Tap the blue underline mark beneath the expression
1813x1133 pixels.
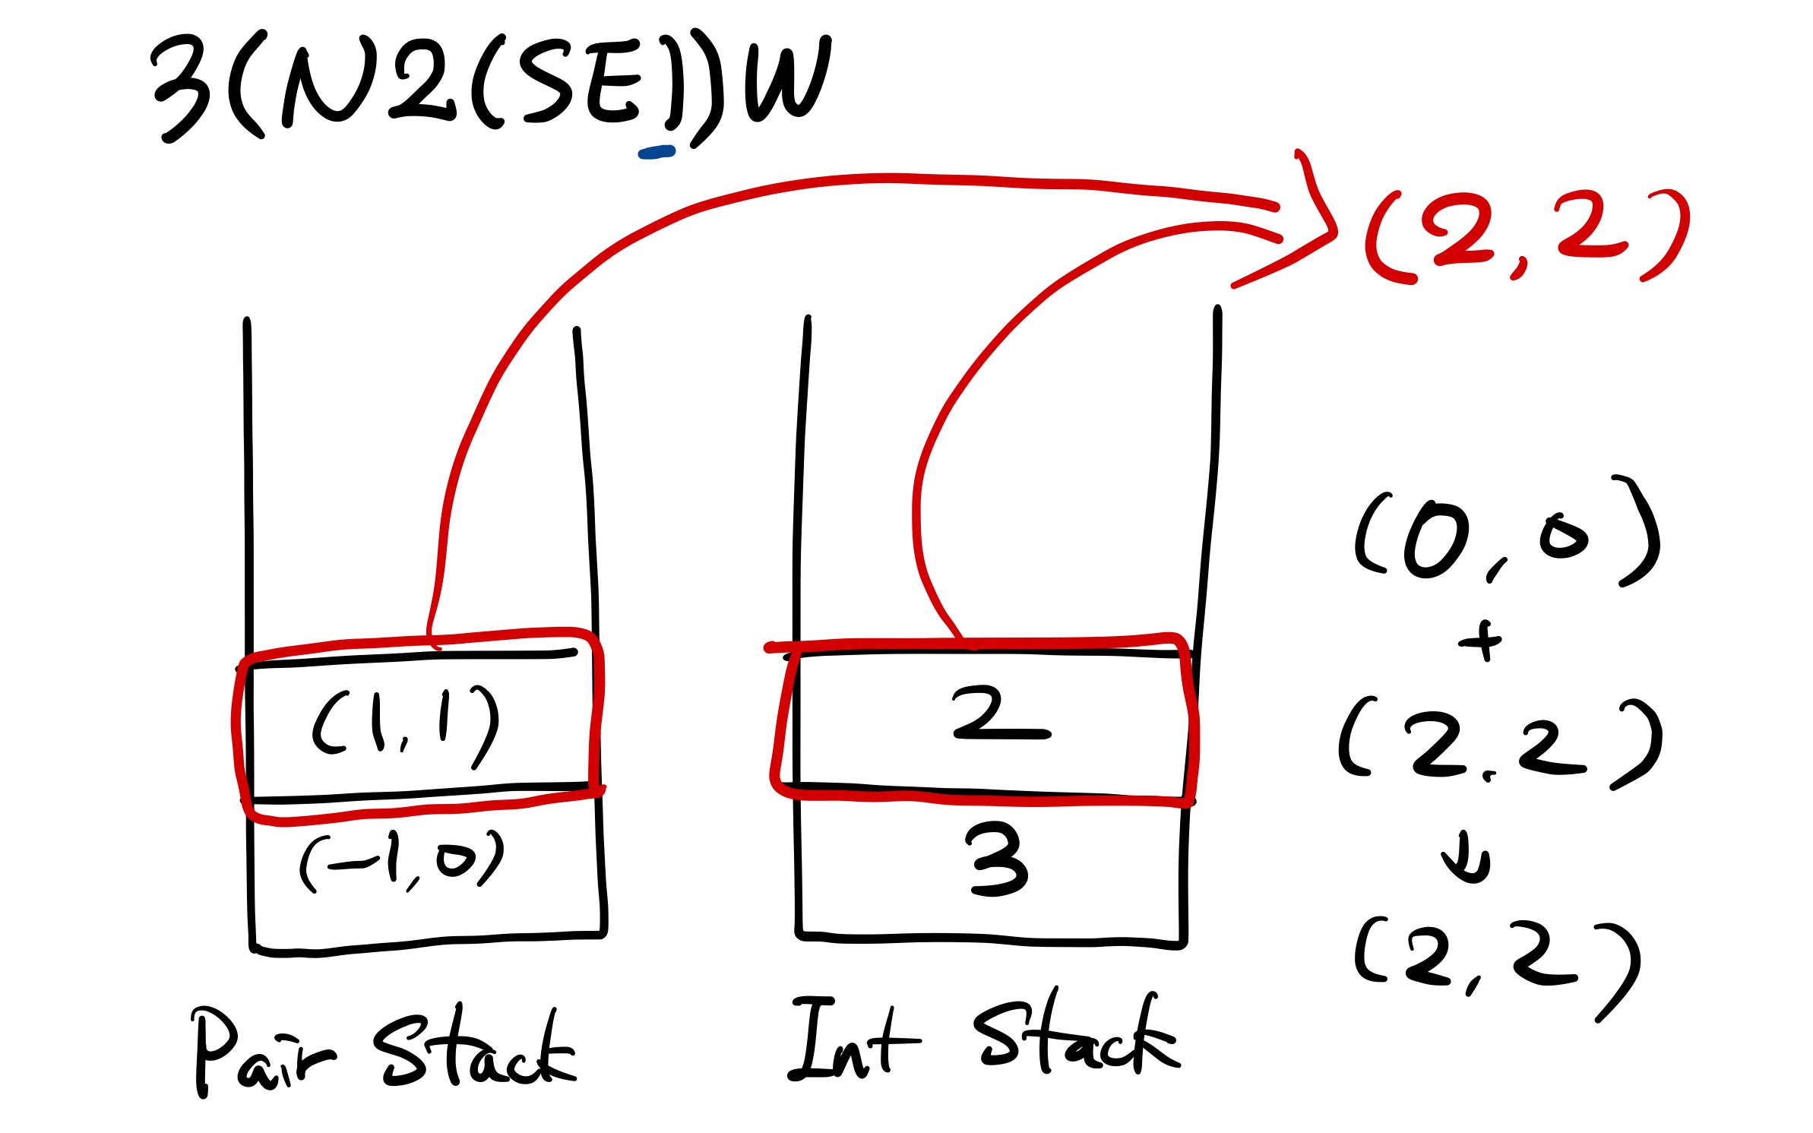(657, 153)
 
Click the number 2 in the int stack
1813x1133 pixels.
(999, 713)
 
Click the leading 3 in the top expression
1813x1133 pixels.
(182, 87)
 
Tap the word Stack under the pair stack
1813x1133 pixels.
(475, 1049)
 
